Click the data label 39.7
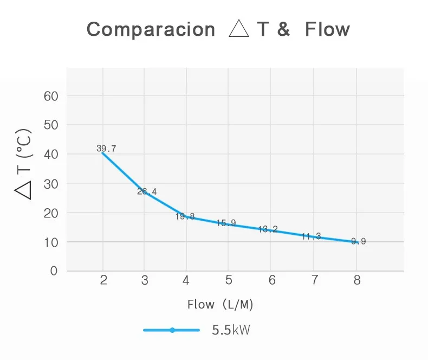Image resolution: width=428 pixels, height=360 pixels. pos(106,149)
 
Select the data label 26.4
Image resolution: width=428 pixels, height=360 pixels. pos(147,191)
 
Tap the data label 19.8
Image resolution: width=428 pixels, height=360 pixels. pos(185,216)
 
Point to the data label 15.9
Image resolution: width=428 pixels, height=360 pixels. pos(226,223)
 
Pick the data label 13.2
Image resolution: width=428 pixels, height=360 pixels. pos(268,229)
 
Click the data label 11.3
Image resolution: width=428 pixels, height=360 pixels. pos(311,236)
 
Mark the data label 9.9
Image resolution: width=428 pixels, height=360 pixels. pos(359,241)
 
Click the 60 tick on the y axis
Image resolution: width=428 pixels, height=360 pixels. pos(50,96)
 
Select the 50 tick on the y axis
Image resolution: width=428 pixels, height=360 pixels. pos(50,125)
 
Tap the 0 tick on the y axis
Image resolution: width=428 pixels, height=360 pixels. pos(53,271)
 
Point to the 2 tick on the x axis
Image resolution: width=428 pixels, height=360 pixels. pos(103,280)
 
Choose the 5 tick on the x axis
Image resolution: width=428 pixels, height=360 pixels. pos(229,280)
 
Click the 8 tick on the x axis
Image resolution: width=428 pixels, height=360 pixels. pos(356,280)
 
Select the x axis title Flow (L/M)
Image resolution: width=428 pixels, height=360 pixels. pos(221,305)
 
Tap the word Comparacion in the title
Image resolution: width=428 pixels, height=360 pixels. pos(151,29)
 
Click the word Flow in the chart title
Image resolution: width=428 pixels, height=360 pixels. pos(327,29)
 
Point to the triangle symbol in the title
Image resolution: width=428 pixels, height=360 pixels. pos(238,29)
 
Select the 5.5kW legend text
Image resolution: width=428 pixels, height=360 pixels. pos(231,330)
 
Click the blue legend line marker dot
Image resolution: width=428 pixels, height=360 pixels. pos(172,330)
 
